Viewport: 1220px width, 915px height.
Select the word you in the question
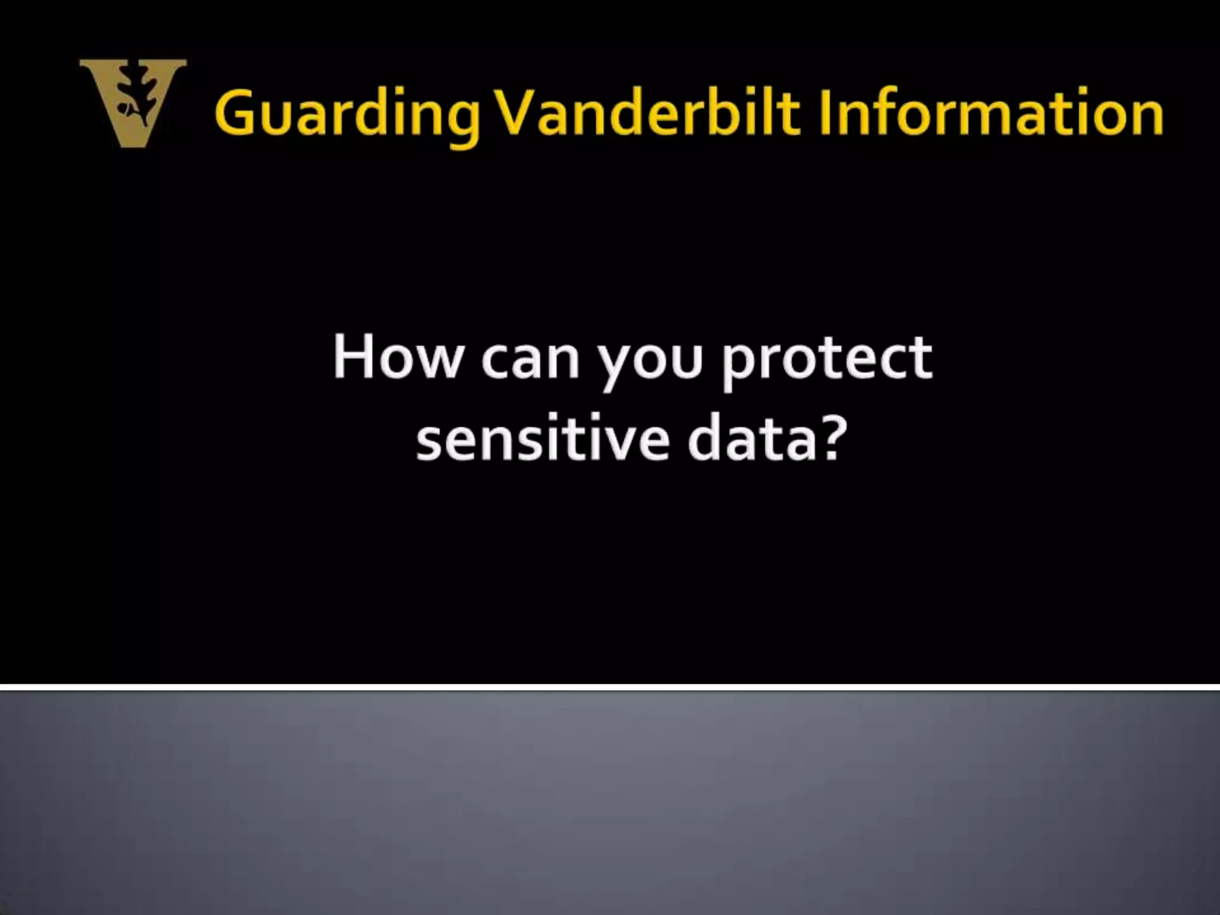pyautogui.click(x=651, y=363)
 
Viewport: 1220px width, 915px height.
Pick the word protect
pyautogui.click(x=827, y=360)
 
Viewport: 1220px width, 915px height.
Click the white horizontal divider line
pyautogui.click(x=610, y=687)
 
